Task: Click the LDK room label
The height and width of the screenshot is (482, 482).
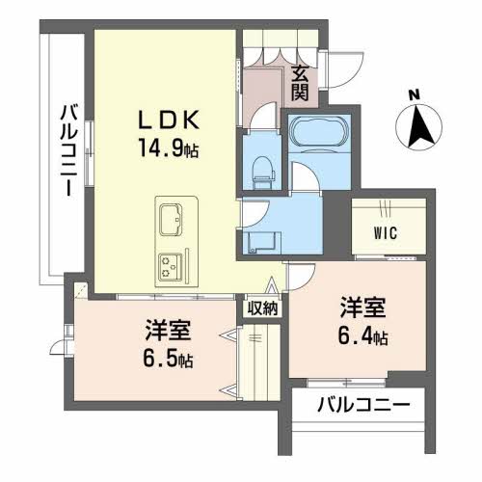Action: coord(169,120)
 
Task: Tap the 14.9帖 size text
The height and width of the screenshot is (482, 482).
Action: coord(169,147)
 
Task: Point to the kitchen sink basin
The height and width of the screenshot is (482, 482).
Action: coord(171,219)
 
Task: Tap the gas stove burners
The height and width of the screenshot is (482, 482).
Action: coord(171,266)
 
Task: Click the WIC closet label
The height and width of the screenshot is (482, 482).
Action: coord(386,233)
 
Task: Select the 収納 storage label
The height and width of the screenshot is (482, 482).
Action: coord(262,308)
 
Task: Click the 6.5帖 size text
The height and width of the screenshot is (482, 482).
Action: coord(168,360)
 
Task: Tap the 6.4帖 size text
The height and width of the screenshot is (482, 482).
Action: coord(362,336)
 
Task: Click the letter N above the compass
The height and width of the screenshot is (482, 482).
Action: coord(415,94)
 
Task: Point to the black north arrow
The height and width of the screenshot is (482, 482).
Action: coord(419,126)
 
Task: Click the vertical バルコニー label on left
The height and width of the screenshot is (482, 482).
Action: coord(68,149)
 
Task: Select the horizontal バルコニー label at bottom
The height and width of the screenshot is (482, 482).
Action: coord(363,407)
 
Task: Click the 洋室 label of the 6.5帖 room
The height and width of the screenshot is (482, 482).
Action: coord(168,331)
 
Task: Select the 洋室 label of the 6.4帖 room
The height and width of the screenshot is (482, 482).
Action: coord(363,308)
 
